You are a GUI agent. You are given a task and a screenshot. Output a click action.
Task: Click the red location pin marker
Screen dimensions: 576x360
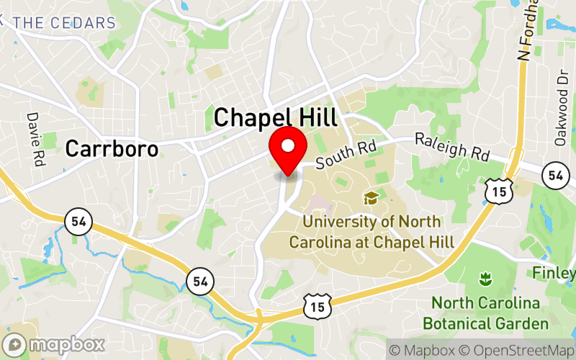pyautogui.click(x=288, y=150)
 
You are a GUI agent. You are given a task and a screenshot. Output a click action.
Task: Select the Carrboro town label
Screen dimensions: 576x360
pyautogui.click(x=111, y=149)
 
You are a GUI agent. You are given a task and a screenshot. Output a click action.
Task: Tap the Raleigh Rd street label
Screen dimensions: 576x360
pyautogui.click(x=452, y=146)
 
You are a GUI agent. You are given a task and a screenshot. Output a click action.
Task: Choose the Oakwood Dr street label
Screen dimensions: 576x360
pyautogui.click(x=561, y=117)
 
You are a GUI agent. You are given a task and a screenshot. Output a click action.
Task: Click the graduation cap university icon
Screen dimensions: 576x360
pyautogui.click(x=372, y=197)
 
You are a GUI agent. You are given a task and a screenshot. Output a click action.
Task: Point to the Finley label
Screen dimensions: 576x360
pyautogui.click(x=554, y=274)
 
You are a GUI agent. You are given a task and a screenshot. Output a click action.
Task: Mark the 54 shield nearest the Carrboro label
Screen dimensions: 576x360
pyautogui.click(x=78, y=221)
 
